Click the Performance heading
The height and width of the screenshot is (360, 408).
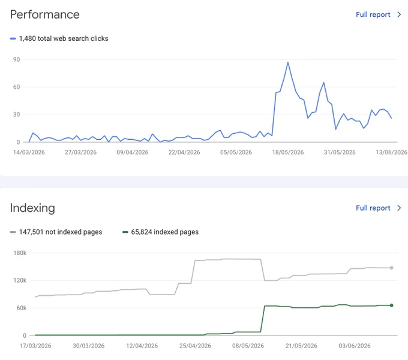pos(45,14)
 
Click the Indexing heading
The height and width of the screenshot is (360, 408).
pos(32,208)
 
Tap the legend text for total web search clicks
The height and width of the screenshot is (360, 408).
pos(64,38)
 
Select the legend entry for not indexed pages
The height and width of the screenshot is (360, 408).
pos(61,232)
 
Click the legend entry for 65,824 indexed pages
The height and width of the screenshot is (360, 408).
pos(165,232)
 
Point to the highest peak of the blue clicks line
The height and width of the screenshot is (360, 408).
pos(288,62)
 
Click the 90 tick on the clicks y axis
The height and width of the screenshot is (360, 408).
pos(16,59)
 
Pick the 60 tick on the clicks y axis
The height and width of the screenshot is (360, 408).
pos(16,87)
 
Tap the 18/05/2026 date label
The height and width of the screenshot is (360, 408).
pos(288,152)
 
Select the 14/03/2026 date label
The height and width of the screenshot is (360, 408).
pos(29,152)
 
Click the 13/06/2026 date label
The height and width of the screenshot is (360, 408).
pos(391,152)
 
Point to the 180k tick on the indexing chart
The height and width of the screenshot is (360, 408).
pos(20,253)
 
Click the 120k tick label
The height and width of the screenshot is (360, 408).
pos(20,280)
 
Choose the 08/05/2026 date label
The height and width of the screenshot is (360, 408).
pos(248,346)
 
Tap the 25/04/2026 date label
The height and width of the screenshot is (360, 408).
pos(195,346)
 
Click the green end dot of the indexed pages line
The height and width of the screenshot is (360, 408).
pos(391,305)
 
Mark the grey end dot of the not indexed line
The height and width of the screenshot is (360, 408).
pos(391,268)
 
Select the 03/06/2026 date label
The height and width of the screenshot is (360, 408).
pos(355,346)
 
